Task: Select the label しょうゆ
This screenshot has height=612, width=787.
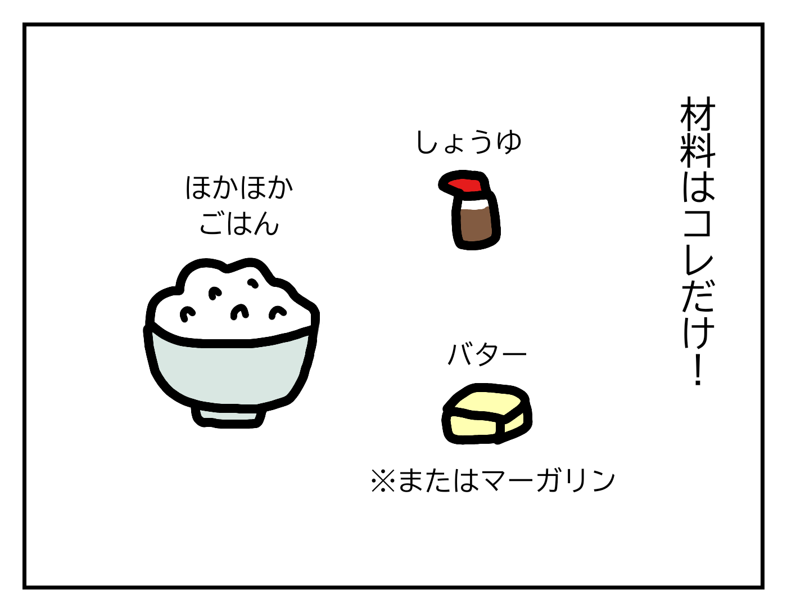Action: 469,142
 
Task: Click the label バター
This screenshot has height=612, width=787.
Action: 486,354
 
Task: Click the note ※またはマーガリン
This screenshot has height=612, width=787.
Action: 493,481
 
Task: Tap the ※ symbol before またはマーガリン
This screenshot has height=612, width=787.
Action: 383,481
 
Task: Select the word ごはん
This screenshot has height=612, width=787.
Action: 239,223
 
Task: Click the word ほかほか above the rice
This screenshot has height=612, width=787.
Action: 239,187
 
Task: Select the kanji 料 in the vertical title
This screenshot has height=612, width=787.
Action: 698,148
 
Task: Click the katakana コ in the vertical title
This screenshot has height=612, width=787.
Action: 698,222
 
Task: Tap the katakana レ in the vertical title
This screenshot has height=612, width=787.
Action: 698,259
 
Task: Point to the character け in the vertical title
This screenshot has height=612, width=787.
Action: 698,332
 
